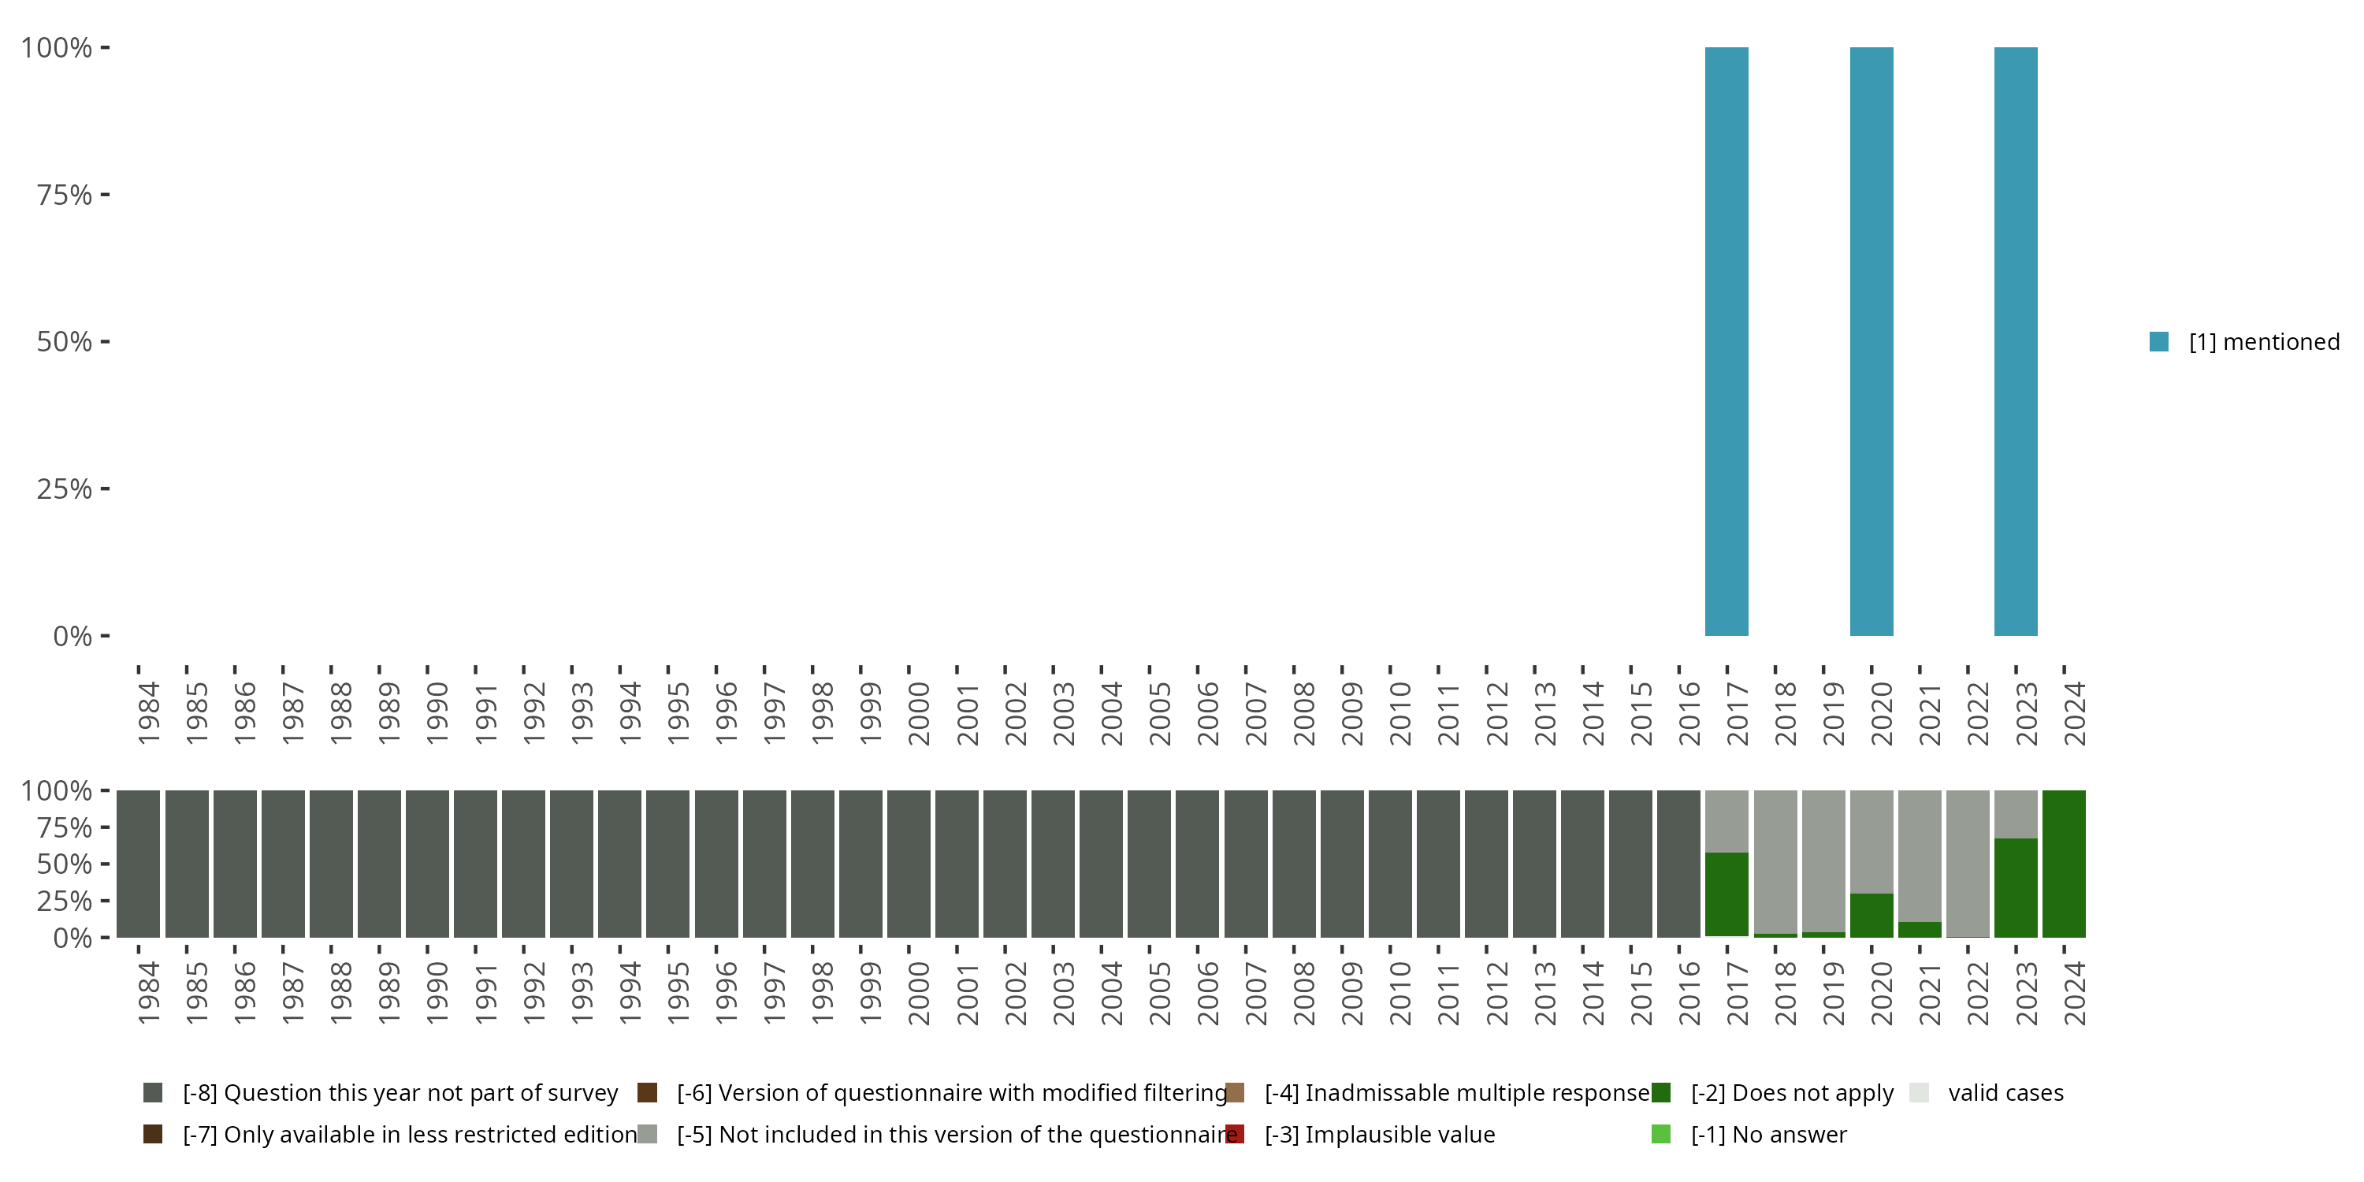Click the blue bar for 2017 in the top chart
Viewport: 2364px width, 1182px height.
1727,341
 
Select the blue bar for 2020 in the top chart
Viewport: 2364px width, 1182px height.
1871,341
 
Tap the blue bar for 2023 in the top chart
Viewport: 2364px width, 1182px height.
2015,341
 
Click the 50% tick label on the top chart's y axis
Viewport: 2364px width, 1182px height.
65,341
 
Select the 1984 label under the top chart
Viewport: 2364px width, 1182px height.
149,713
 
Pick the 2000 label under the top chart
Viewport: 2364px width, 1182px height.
919,713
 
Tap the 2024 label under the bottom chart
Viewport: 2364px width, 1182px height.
2074,993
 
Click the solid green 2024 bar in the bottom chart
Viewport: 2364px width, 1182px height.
2064,864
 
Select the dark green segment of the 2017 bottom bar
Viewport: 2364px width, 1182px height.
1727,894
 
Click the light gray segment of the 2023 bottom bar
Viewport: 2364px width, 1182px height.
2015,814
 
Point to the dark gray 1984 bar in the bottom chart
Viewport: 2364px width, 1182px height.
139,864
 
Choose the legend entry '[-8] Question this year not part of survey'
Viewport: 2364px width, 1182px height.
400,1093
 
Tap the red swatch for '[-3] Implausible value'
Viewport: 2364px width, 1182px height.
1236,1134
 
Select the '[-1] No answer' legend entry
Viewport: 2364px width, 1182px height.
1767,1134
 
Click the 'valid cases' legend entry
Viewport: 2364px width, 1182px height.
2005,1093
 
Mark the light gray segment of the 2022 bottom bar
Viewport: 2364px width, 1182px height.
1968,863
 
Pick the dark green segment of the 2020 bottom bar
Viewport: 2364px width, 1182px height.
1871,915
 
